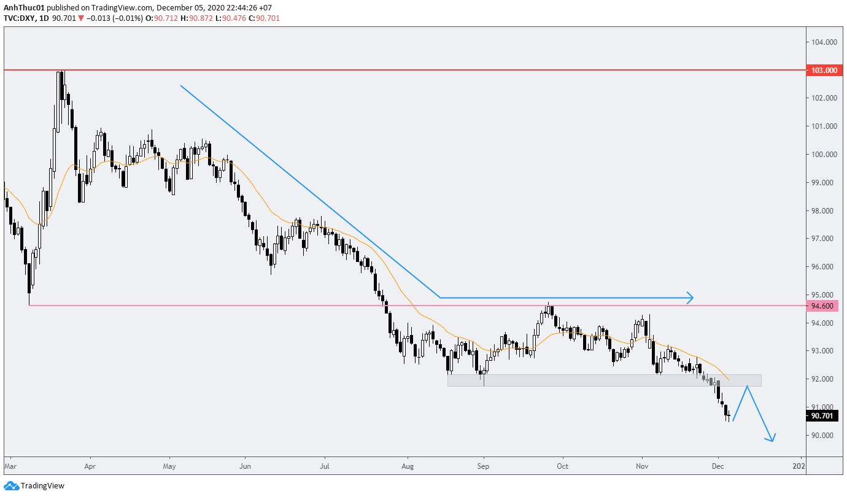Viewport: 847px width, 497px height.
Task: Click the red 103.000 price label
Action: pyautogui.click(x=824, y=71)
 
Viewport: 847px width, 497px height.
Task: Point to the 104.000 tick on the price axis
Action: pyautogui.click(x=822, y=42)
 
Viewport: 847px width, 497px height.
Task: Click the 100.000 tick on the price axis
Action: pyautogui.click(x=822, y=155)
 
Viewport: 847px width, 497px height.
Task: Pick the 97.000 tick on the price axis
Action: pyautogui.click(x=822, y=239)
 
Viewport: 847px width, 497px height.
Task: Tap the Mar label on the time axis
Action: pyautogui.click(x=10, y=466)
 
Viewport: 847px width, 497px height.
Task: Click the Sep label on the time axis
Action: pyautogui.click(x=484, y=466)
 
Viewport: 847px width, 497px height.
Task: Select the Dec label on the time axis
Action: pyautogui.click(x=717, y=466)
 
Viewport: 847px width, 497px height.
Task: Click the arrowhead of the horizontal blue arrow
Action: pyautogui.click(x=691, y=298)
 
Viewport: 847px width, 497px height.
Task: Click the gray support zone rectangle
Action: pyautogui.click(x=605, y=380)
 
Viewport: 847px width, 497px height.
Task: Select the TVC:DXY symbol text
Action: pyautogui.click(x=19, y=18)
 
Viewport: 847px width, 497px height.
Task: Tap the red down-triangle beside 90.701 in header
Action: pyautogui.click(x=80, y=18)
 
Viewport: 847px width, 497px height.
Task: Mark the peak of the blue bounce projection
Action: pyautogui.click(x=747, y=386)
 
